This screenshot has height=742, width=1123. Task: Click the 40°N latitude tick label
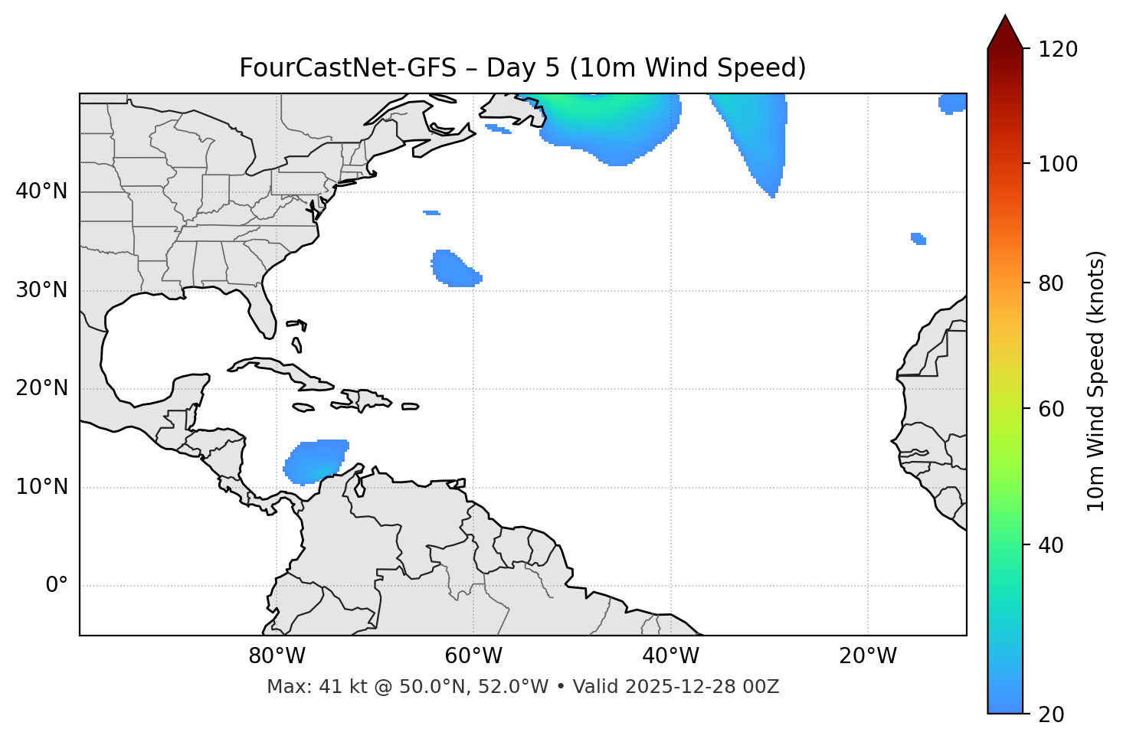[41, 191]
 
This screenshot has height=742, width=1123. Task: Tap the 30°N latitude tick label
[41, 290]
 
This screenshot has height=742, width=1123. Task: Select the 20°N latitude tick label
[41, 388]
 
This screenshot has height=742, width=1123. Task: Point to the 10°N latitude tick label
[41, 487]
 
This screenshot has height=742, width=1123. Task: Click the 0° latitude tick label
[56, 586]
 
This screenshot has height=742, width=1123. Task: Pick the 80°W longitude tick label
[277, 656]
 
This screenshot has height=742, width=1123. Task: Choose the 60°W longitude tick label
[473, 656]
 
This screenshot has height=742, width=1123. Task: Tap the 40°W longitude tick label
[670, 656]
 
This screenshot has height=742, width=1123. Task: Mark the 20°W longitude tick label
[868, 656]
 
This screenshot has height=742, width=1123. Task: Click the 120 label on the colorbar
[1058, 50]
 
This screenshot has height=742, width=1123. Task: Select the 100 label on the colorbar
[1058, 164]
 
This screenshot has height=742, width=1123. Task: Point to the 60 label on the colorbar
[1053, 409]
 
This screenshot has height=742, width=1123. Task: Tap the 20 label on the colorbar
[1053, 714]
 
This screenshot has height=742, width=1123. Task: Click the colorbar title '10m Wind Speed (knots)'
[1096, 381]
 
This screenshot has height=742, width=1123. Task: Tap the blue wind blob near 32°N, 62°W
[455, 269]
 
